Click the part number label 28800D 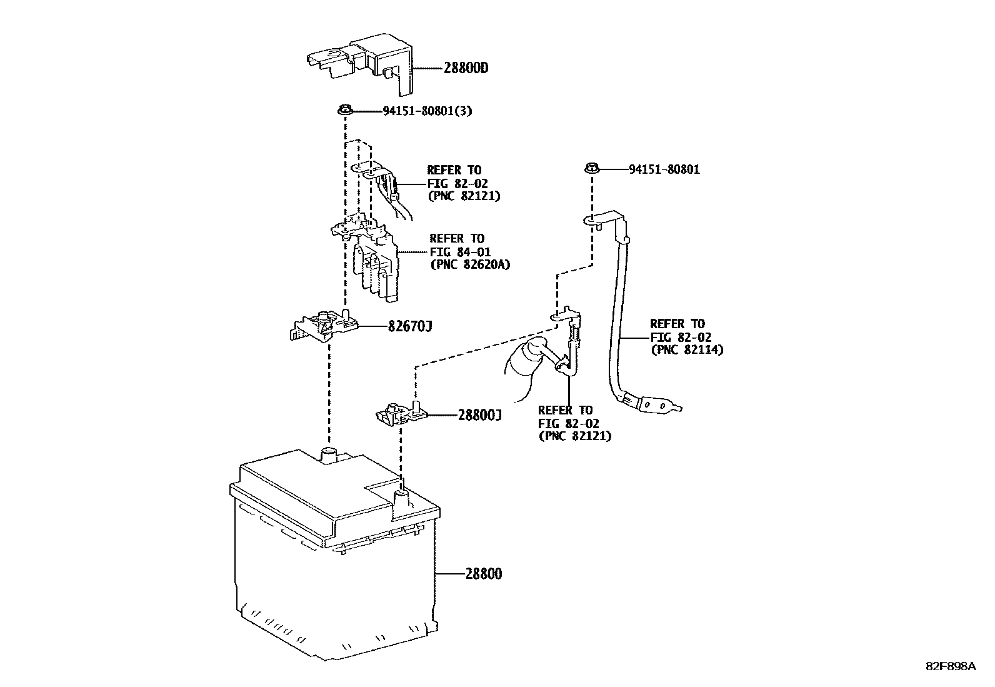click(466, 68)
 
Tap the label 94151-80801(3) click(427, 112)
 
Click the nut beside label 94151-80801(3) click(344, 111)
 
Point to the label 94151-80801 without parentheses click(664, 169)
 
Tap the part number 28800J click(479, 414)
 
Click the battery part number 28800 click(483, 573)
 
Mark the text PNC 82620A click(470, 264)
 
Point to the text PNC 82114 click(687, 350)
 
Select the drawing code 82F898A click(951, 666)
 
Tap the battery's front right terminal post click(401, 499)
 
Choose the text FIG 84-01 click(459, 251)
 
